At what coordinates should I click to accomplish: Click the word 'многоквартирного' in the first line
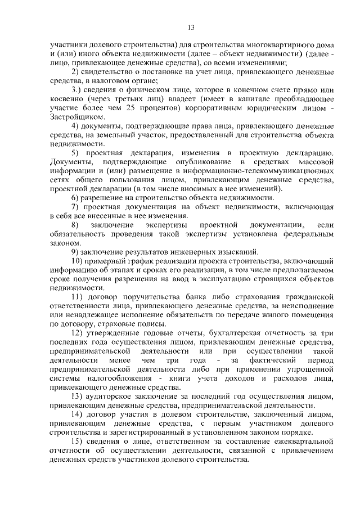point(274,44)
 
